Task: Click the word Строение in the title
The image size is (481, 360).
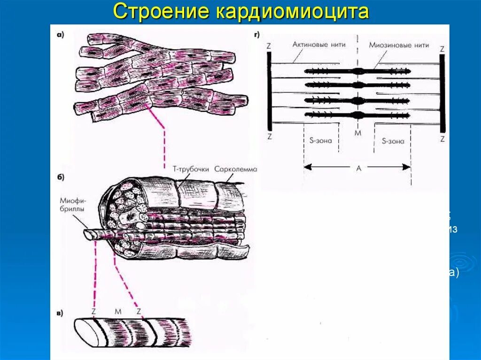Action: point(162,12)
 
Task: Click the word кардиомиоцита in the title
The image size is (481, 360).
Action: point(292,12)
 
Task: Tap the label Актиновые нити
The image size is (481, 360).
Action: point(319,45)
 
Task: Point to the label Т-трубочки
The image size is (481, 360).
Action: point(194,169)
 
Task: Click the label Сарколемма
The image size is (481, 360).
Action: point(235,169)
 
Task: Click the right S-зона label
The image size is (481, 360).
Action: point(393,140)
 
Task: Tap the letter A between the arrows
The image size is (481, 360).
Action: point(358,168)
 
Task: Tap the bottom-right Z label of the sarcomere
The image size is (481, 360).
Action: point(442,139)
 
